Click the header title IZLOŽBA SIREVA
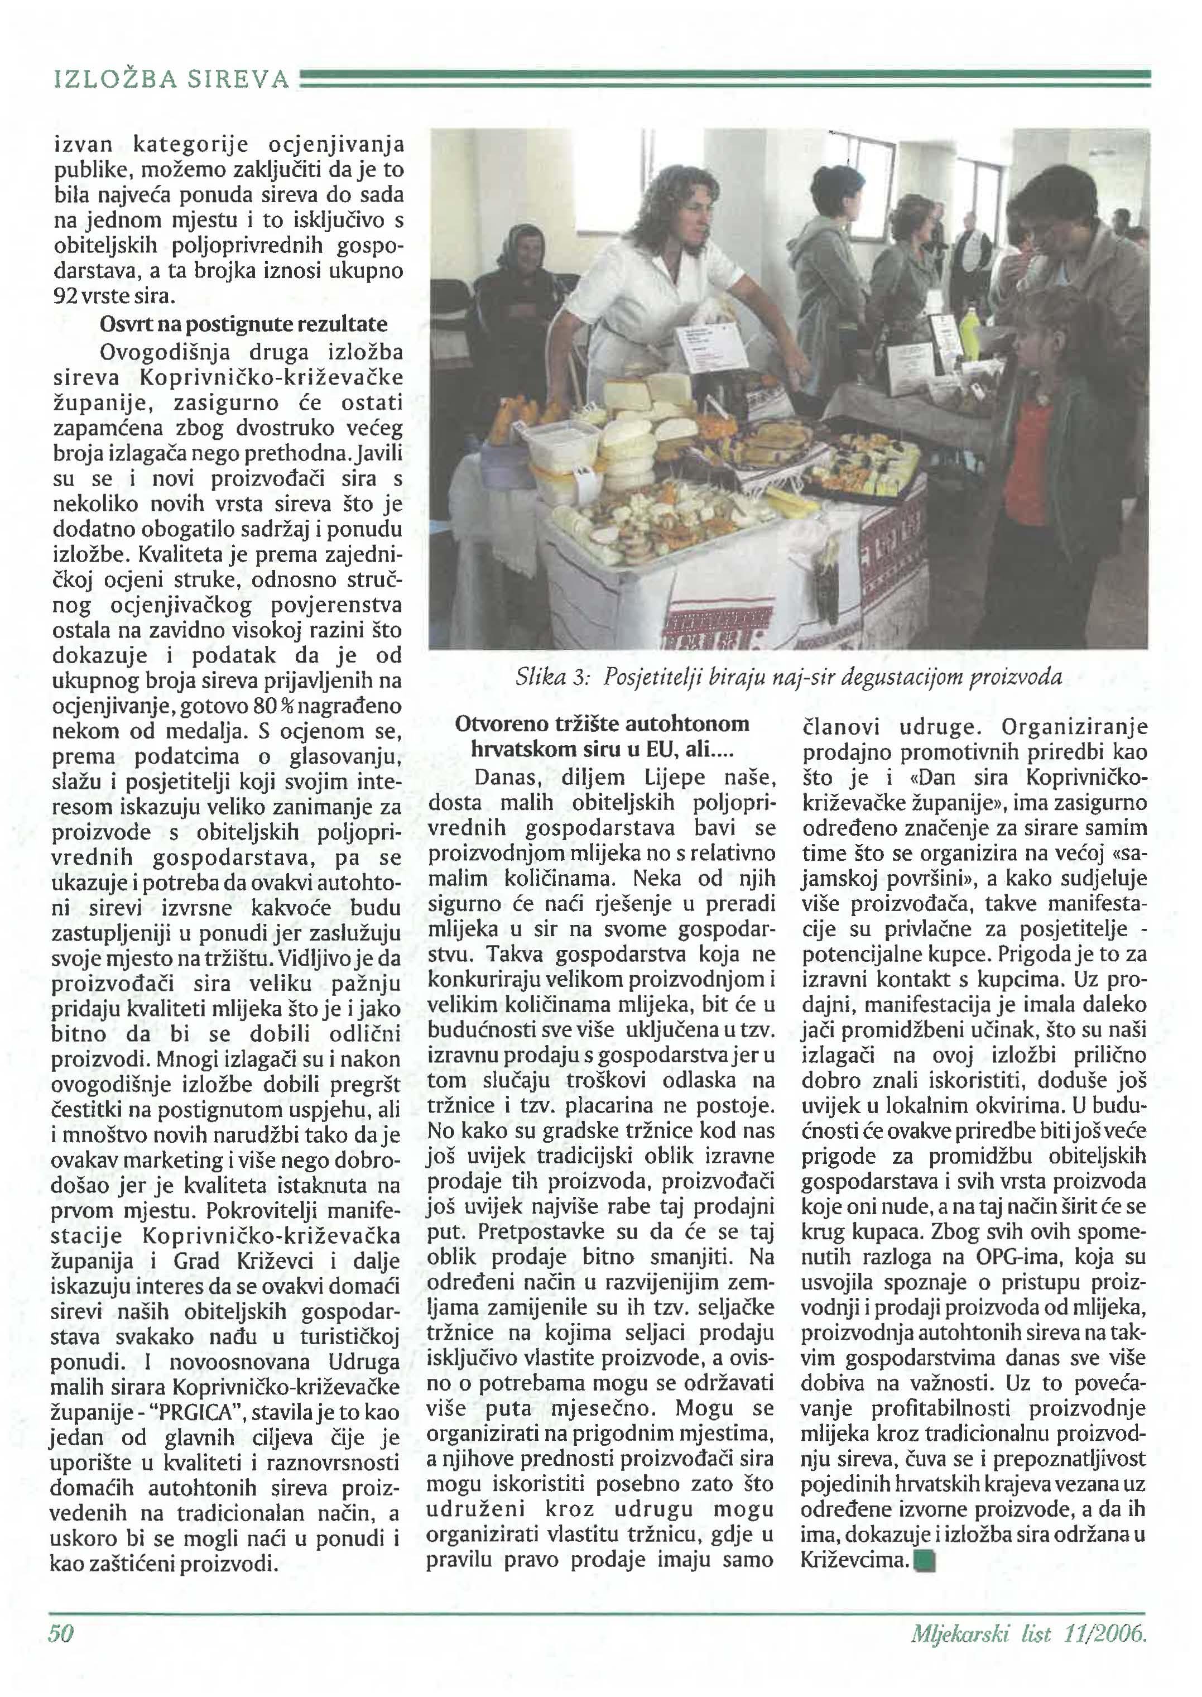coord(172,79)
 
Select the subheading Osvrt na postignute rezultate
coord(243,324)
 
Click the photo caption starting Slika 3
coord(788,677)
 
